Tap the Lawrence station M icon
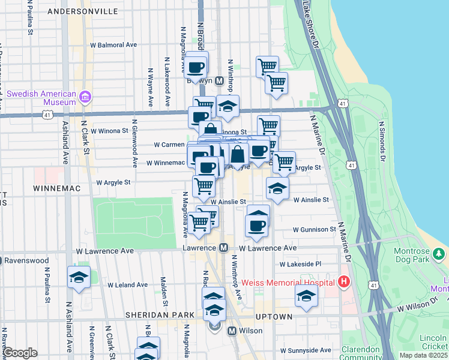pos(223,247)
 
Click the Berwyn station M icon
pos(220,80)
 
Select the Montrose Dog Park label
pos(420,255)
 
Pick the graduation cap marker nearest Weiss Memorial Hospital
pos(306,296)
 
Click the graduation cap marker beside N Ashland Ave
pos(79,277)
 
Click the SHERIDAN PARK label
pos(160,315)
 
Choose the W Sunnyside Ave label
pos(306,350)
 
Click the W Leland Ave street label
pos(127,284)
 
